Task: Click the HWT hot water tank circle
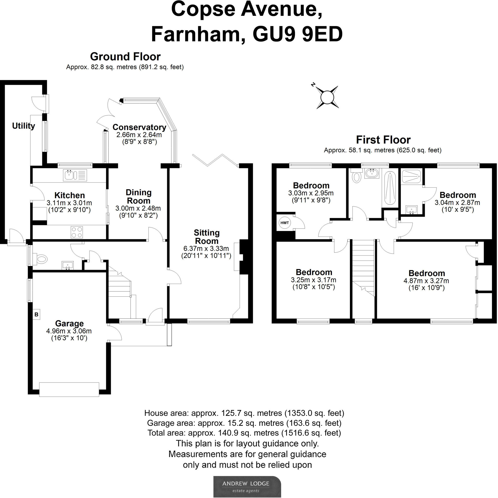pyautogui.click(x=284, y=223)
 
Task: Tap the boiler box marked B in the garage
pyautogui.click(x=36, y=314)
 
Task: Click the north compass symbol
pyautogui.click(x=327, y=97)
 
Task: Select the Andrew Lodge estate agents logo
pyautogui.click(x=247, y=486)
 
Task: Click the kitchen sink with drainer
pyautogui.click(x=75, y=175)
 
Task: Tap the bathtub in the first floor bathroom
pyautogui.click(x=390, y=188)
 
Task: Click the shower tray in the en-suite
pyautogui.click(x=411, y=176)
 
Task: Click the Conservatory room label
pyautogui.click(x=139, y=127)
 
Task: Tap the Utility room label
pyautogui.click(x=23, y=126)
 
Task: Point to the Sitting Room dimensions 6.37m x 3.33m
pyautogui.click(x=206, y=249)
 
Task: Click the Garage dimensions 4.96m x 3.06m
pyautogui.click(x=69, y=331)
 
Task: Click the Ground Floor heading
pyautogui.click(x=125, y=56)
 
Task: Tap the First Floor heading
pyautogui.click(x=383, y=140)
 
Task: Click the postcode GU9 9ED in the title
pyautogui.click(x=297, y=34)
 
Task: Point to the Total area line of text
pyautogui.click(x=244, y=433)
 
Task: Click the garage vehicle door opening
pyautogui.click(x=69, y=389)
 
